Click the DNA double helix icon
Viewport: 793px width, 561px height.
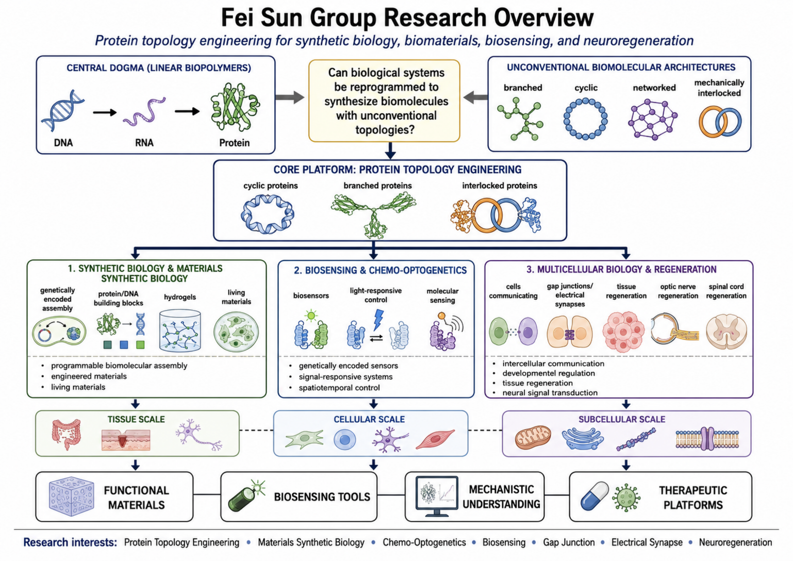click(63, 110)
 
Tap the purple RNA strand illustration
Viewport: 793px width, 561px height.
click(144, 112)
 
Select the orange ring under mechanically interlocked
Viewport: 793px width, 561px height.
click(712, 122)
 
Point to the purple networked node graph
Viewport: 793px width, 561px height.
click(653, 119)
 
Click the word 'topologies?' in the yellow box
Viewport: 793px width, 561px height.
click(385, 130)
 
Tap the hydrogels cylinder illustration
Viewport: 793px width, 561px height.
click(180, 331)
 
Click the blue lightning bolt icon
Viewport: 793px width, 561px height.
click(379, 319)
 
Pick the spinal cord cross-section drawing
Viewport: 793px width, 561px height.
click(726, 332)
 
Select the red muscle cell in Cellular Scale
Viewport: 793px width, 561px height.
click(435, 439)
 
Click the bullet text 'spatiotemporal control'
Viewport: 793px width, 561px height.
click(339, 388)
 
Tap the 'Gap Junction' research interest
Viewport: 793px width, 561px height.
click(569, 542)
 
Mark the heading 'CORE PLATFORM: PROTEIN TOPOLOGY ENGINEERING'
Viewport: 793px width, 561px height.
click(397, 170)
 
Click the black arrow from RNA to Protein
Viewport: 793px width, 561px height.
click(187, 111)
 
